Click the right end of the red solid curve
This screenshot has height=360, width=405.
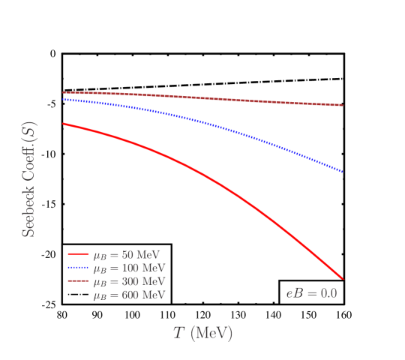click(343, 279)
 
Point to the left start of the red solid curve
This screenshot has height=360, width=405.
click(63, 124)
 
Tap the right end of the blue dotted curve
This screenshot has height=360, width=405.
click(343, 172)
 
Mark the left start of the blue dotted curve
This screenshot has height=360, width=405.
click(63, 98)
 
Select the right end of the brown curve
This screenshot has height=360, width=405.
click(343, 105)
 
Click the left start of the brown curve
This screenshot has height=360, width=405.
click(63, 92)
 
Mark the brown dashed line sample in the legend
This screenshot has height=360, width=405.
click(78, 282)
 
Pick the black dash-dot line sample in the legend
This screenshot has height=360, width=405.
click(78, 295)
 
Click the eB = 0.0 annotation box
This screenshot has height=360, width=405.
click(311, 292)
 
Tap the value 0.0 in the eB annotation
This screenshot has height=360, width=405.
click(328, 292)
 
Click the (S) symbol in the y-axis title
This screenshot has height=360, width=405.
click(29, 132)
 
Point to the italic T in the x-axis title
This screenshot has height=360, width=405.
click(178, 333)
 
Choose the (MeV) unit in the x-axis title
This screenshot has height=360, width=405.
click(211, 333)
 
